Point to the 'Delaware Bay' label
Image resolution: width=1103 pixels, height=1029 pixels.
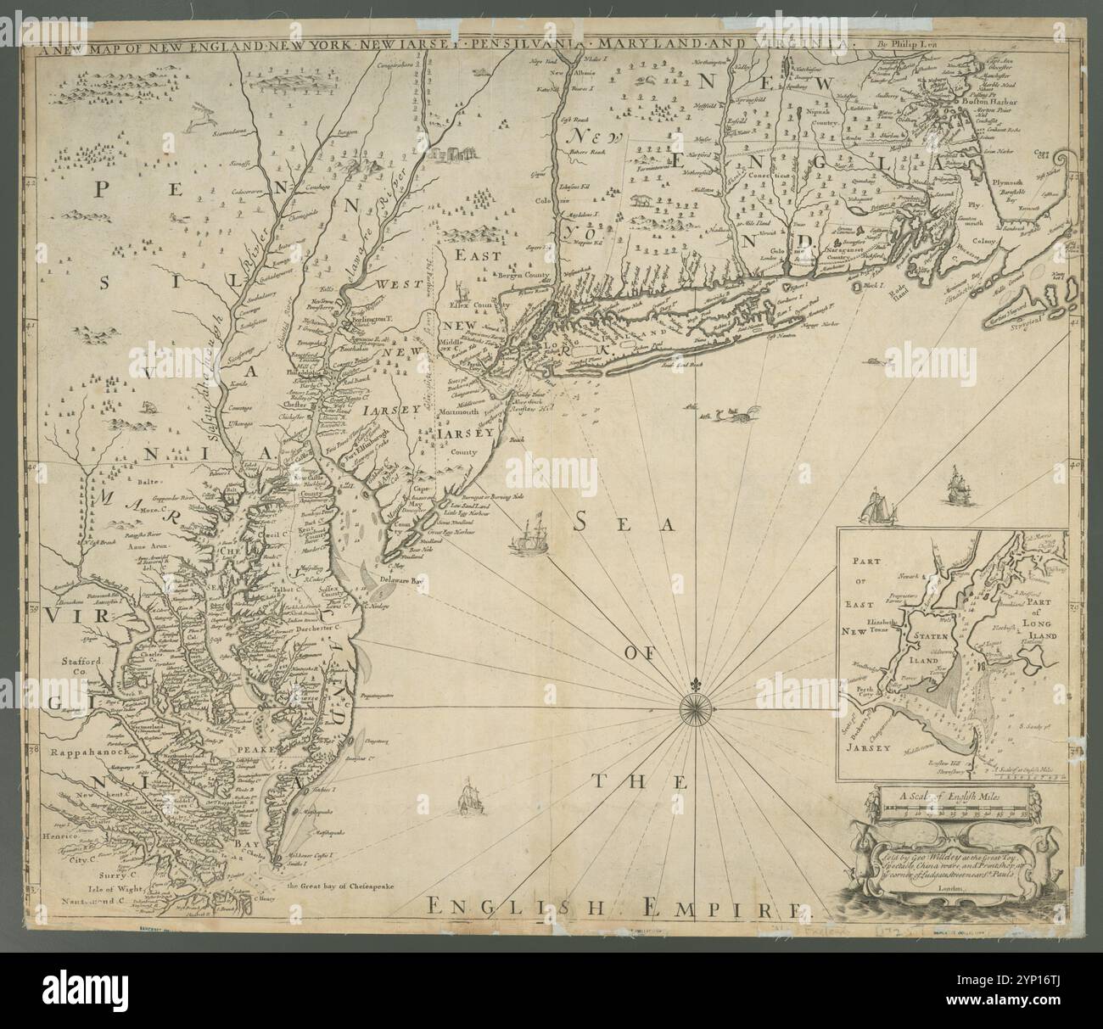[x=405, y=580]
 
